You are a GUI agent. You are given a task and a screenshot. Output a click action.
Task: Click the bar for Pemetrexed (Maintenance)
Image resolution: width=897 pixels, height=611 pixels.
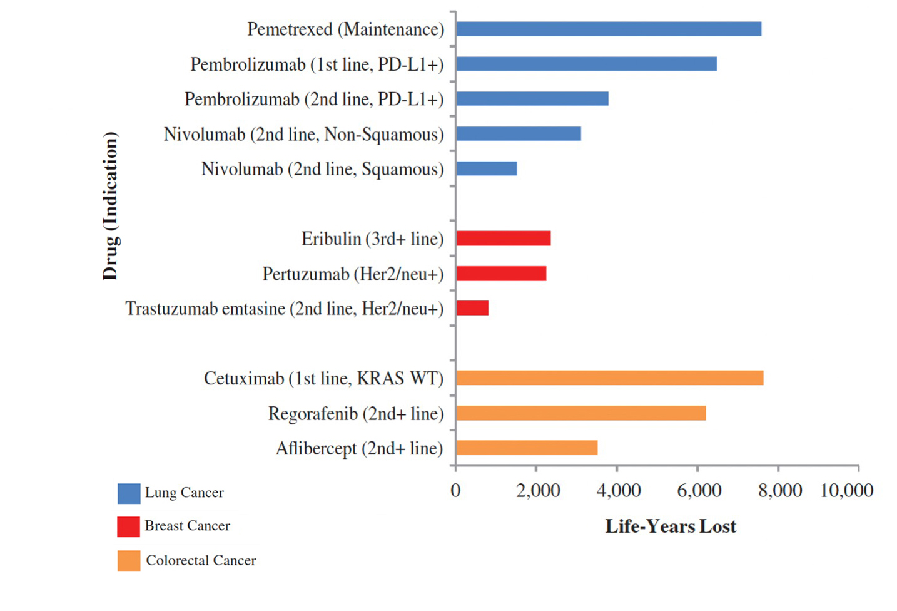tap(608, 29)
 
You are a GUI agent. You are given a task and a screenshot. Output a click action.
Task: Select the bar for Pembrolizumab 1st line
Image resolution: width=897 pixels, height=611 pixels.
tap(586, 64)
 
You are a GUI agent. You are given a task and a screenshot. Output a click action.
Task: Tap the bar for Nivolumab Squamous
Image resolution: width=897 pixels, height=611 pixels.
tap(486, 168)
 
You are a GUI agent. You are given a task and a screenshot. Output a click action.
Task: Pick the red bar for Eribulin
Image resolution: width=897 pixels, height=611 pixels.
tap(503, 239)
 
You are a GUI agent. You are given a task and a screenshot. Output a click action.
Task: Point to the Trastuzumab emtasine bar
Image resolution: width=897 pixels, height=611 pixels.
tap(472, 308)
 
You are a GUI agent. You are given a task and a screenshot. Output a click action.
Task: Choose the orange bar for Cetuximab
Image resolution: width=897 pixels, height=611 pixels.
tap(609, 378)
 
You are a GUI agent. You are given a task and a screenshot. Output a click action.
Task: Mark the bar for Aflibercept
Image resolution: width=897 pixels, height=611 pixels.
tap(526, 448)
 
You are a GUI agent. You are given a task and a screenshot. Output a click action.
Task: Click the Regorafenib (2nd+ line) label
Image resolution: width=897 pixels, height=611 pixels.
tap(356, 414)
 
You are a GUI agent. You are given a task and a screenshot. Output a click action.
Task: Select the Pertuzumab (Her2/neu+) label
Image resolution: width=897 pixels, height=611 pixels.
tap(353, 274)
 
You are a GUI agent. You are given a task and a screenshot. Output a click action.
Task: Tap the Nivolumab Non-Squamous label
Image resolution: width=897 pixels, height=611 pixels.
tap(303, 135)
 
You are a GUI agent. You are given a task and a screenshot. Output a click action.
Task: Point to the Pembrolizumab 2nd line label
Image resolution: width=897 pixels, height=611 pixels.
tap(313, 100)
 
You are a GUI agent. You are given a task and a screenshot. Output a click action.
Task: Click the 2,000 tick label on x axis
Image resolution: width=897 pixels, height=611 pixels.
tap(538, 490)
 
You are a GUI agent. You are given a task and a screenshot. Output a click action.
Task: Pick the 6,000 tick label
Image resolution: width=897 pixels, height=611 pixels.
tap(699, 490)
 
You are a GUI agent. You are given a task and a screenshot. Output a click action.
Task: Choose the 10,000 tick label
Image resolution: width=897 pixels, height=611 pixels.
tap(846, 490)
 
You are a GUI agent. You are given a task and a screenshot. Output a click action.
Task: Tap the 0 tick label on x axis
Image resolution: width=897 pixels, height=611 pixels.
tap(455, 490)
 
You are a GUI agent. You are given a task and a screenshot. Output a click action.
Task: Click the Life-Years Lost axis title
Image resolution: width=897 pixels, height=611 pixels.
tap(670, 526)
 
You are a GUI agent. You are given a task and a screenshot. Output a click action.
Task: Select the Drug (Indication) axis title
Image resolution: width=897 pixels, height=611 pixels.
tap(110, 206)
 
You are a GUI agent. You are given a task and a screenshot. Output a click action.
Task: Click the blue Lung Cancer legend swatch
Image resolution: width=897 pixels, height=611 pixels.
tap(129, 493)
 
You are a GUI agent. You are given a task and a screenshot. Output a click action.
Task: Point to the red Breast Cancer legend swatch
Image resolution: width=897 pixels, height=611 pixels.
tap(128, 526)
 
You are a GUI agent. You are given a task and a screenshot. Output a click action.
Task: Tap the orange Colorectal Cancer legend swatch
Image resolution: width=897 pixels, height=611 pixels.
tap(128, 560)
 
